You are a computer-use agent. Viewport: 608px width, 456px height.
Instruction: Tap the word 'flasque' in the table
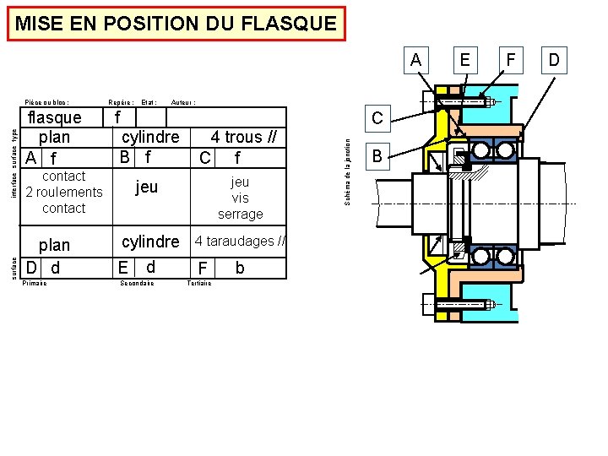55,117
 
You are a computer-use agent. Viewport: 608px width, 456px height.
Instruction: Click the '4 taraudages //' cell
241,242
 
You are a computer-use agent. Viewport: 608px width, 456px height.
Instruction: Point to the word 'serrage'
240,214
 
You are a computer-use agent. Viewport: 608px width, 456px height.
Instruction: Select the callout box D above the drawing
553,61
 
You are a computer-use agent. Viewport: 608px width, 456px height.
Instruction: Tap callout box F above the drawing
509,61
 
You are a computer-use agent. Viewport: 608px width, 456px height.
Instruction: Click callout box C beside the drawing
377,119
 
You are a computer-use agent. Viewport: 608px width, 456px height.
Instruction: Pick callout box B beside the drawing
377,155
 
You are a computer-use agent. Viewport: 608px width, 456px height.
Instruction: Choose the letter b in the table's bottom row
240,268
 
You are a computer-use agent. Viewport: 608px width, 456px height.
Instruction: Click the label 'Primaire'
35,283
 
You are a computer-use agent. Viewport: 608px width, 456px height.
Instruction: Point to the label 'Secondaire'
137,283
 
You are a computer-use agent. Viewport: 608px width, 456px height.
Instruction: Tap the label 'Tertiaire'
199,283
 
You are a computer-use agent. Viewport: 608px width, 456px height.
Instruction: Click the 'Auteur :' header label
183,102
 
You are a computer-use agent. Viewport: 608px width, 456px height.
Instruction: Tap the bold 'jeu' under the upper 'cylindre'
146,187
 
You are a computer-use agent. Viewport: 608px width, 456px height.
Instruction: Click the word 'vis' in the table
240,198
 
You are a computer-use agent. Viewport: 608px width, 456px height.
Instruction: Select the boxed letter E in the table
123,268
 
